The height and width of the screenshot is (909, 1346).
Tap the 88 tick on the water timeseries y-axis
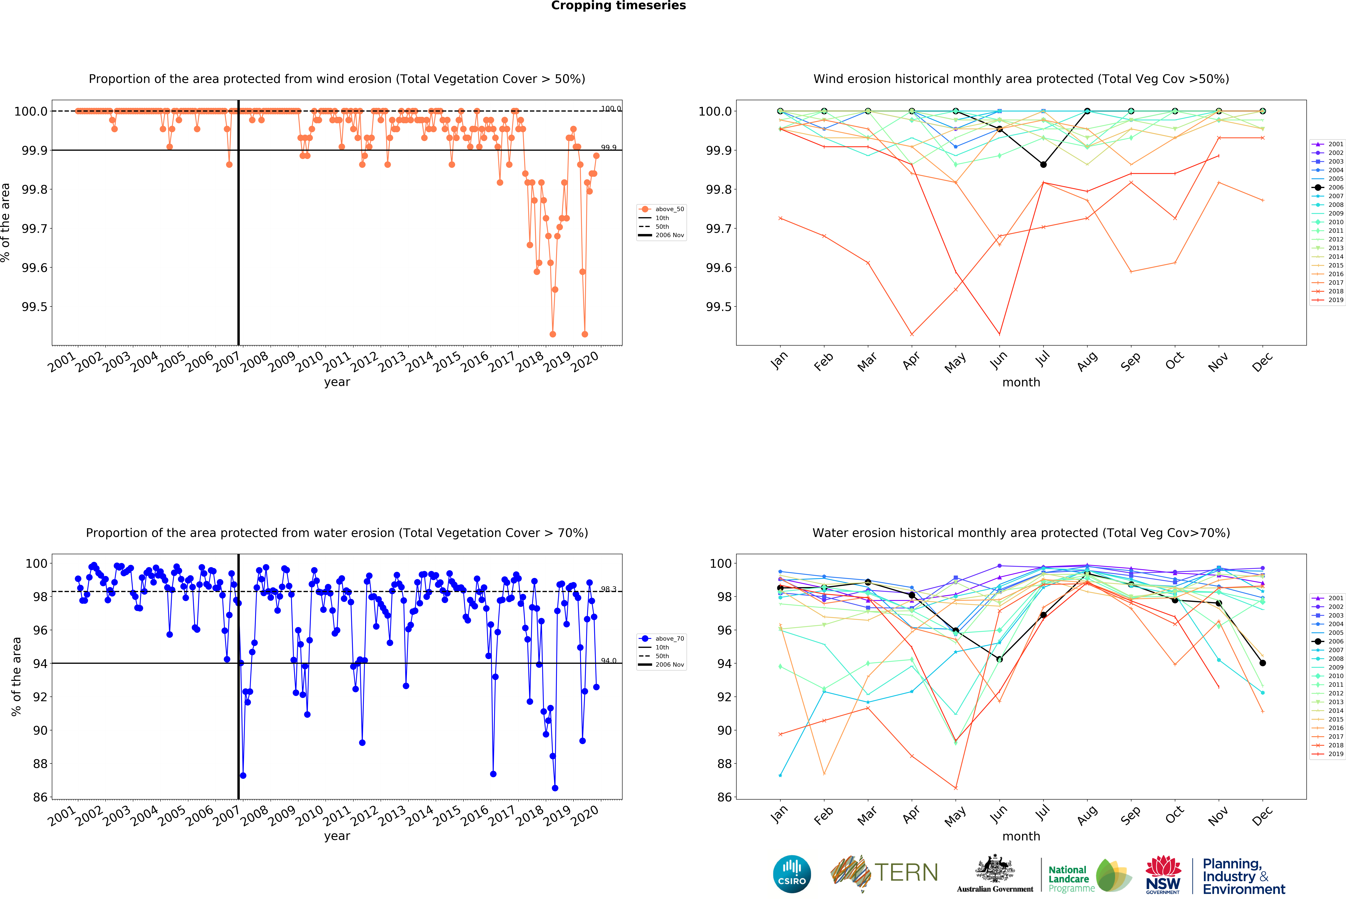(40, 764)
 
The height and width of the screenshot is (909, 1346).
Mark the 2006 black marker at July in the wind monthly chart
(1043, 164)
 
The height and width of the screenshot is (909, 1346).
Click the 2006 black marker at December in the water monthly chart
(1263, 663)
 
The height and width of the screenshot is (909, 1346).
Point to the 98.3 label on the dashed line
(608, 589)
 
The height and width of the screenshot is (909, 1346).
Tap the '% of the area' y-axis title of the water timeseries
(16, 676)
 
